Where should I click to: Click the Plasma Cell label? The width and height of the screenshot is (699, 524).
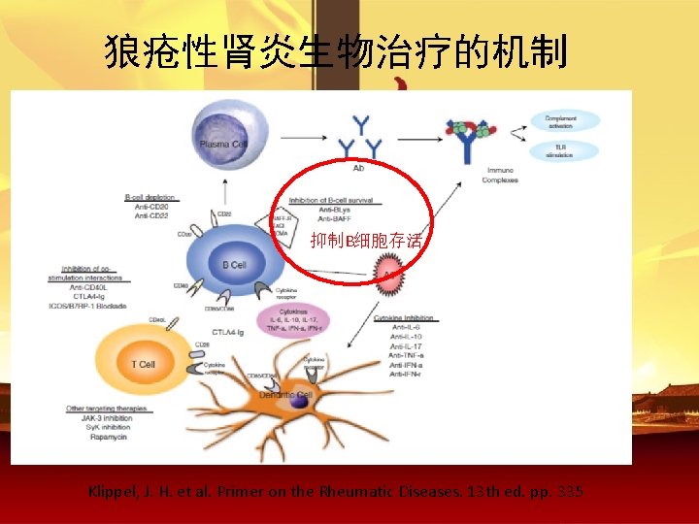[224, 144]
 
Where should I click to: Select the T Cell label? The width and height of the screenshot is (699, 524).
[143, 364]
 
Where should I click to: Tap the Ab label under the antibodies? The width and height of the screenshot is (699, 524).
[358, 168]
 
